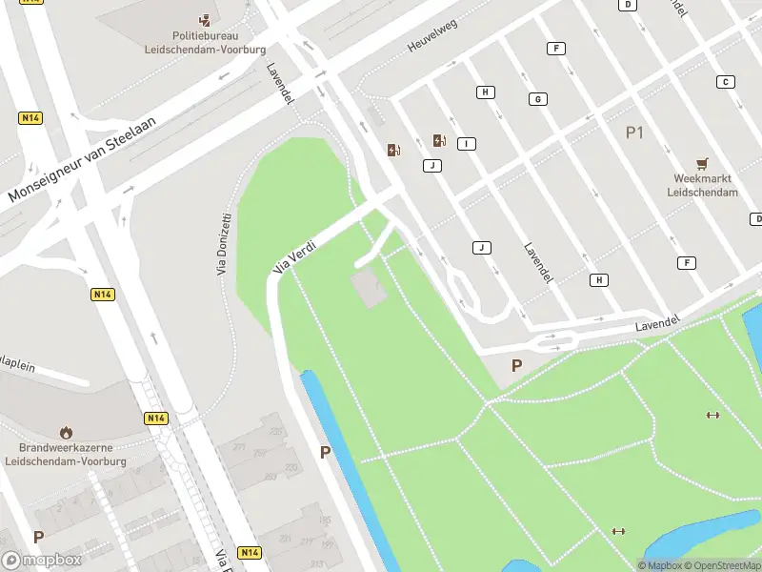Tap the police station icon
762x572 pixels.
click(205, 19)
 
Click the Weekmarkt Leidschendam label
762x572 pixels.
click(705, 185)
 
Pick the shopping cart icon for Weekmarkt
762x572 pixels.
click(703, 164)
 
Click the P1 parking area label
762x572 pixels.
click(634, 133)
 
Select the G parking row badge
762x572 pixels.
click(538, 99)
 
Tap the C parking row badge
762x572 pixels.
click(726, 82)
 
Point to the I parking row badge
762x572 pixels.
click(466, 144)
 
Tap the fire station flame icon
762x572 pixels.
click(66, 433)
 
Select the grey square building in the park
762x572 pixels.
click(370, 289)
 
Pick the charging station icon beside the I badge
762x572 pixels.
click(438, 141)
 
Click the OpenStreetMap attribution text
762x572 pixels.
click(720, 566)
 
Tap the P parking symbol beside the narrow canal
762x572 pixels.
click(326, 453)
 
